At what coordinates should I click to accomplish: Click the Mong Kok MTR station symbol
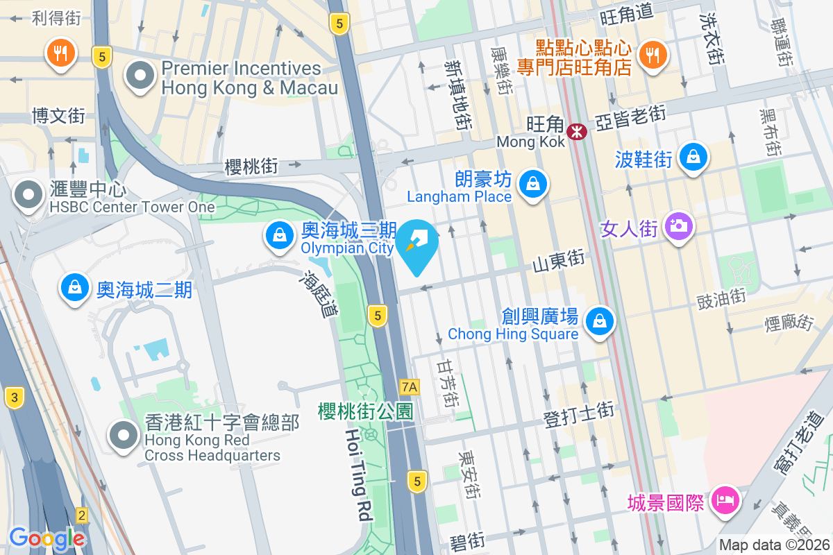pos(577,131)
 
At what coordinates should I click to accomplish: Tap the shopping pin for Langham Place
pos(532,185)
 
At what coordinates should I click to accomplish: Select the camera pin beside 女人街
pos(678,226)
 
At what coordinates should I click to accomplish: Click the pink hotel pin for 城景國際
pos(725,499)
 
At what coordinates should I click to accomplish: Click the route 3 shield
pos(13,398)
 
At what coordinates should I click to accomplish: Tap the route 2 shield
pos(83,515)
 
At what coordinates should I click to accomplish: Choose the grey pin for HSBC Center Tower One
pos(29,195)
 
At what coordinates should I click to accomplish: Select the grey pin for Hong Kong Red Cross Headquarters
pos(125,436)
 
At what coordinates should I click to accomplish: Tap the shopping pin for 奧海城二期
pos(74,287)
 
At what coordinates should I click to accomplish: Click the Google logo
pos(47,538)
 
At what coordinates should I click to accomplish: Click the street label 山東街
pos(559,262)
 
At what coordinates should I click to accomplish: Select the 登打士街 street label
pos(579,415)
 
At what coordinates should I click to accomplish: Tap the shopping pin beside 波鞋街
pos(693,157)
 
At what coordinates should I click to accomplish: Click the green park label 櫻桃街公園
pos(366,411)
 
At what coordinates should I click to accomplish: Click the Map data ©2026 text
pos(774,545)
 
